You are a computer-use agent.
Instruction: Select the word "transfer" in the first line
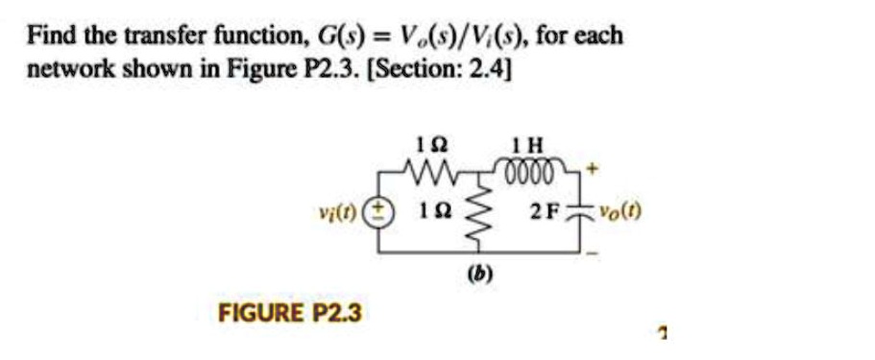click(x=154, y=37)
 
